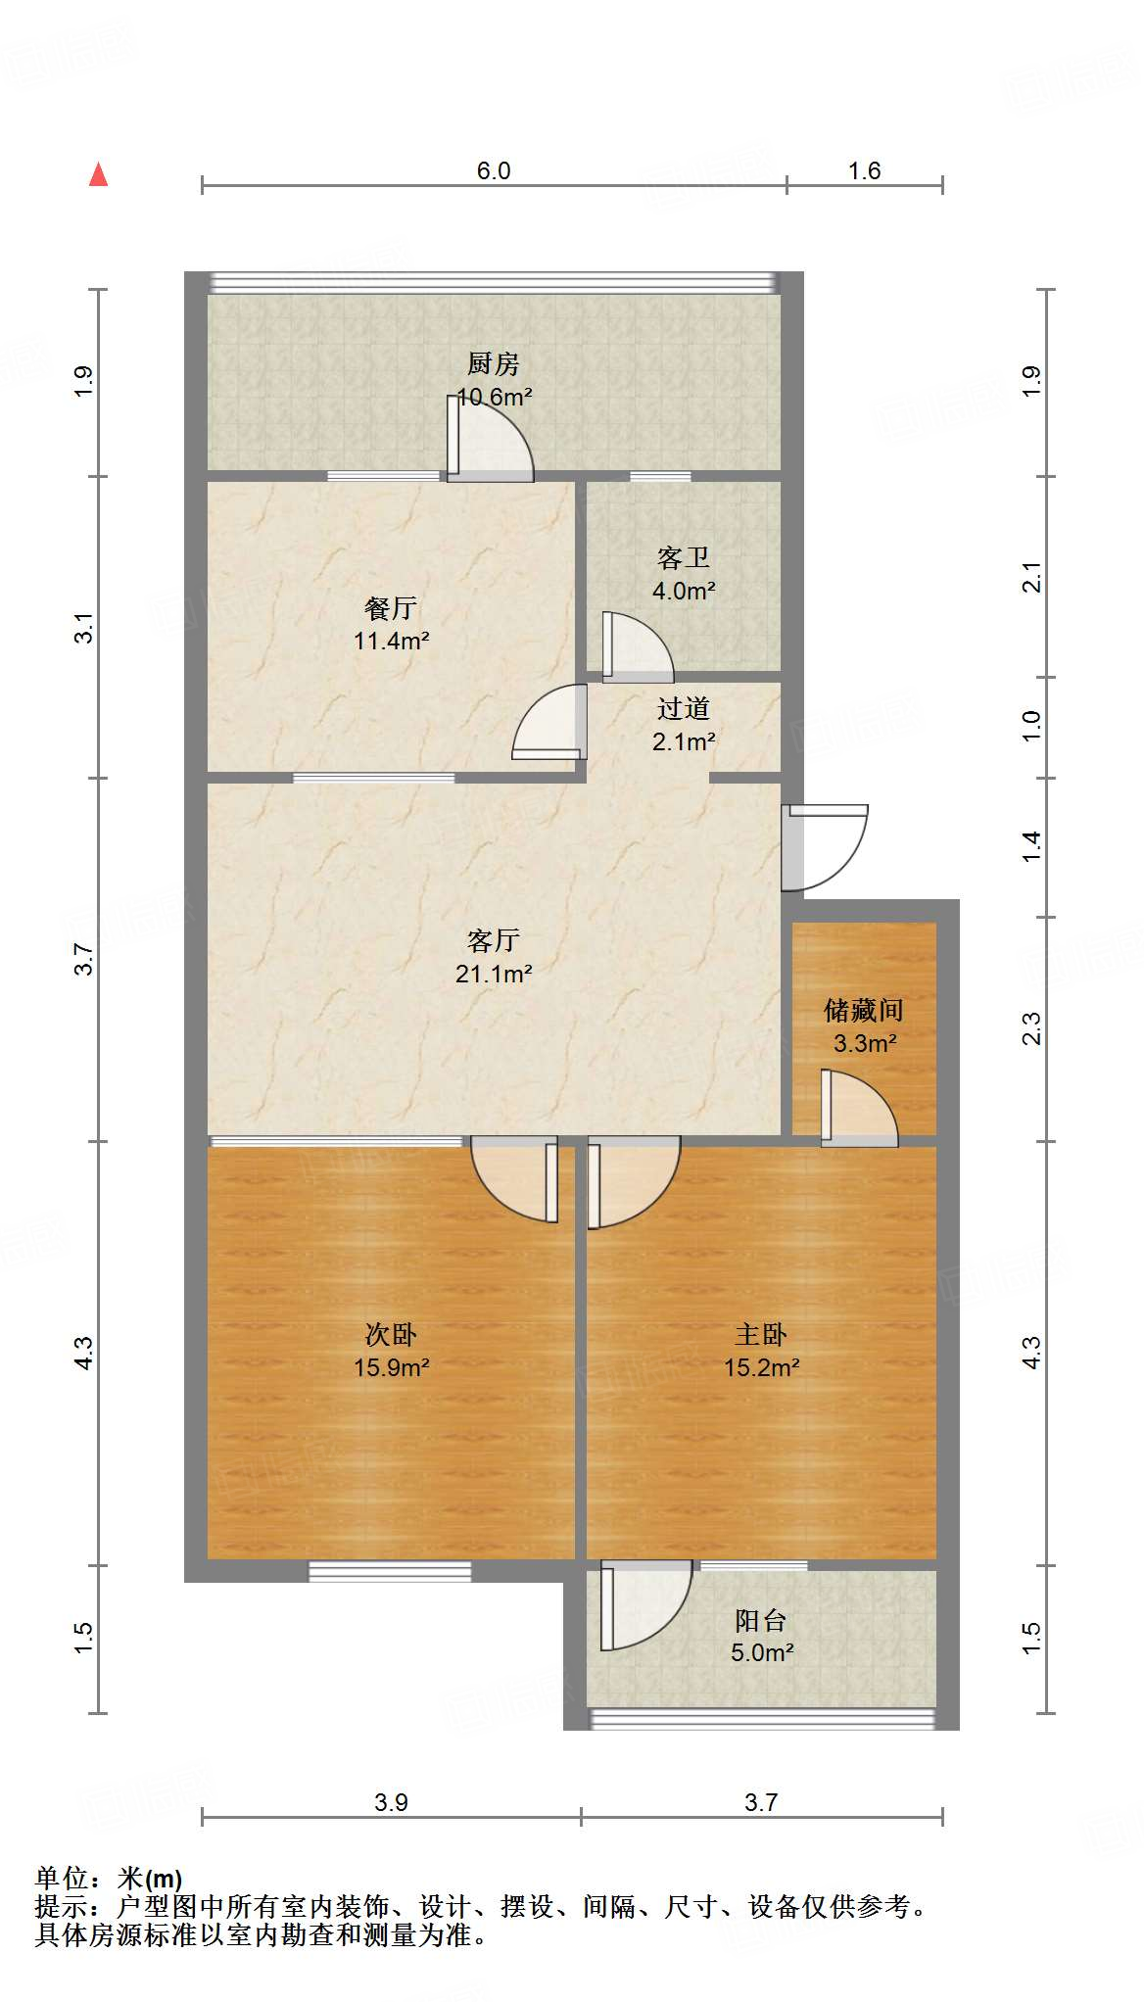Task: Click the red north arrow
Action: pos(98,175)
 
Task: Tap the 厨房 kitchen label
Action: pos(493,364)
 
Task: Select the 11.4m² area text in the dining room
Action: pos(392,642)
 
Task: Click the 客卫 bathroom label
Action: pos(683,558)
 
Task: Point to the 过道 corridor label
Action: pos(683,708)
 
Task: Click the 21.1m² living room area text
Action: pos(494,975)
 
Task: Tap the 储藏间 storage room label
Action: pos(863,1010)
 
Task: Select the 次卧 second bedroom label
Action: pos(391,1334)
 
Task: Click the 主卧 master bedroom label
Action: pos(761,1334)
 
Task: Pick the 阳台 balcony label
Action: pos(761,1621)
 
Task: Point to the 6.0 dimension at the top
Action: pos(494,171)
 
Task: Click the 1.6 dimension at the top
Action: pos(864,171)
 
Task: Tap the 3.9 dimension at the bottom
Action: pos(391,1802)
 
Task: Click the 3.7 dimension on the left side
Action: pos(84,959)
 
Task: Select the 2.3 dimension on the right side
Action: pos(1031,1028)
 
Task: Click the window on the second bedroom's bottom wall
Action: pos(390,1571)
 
